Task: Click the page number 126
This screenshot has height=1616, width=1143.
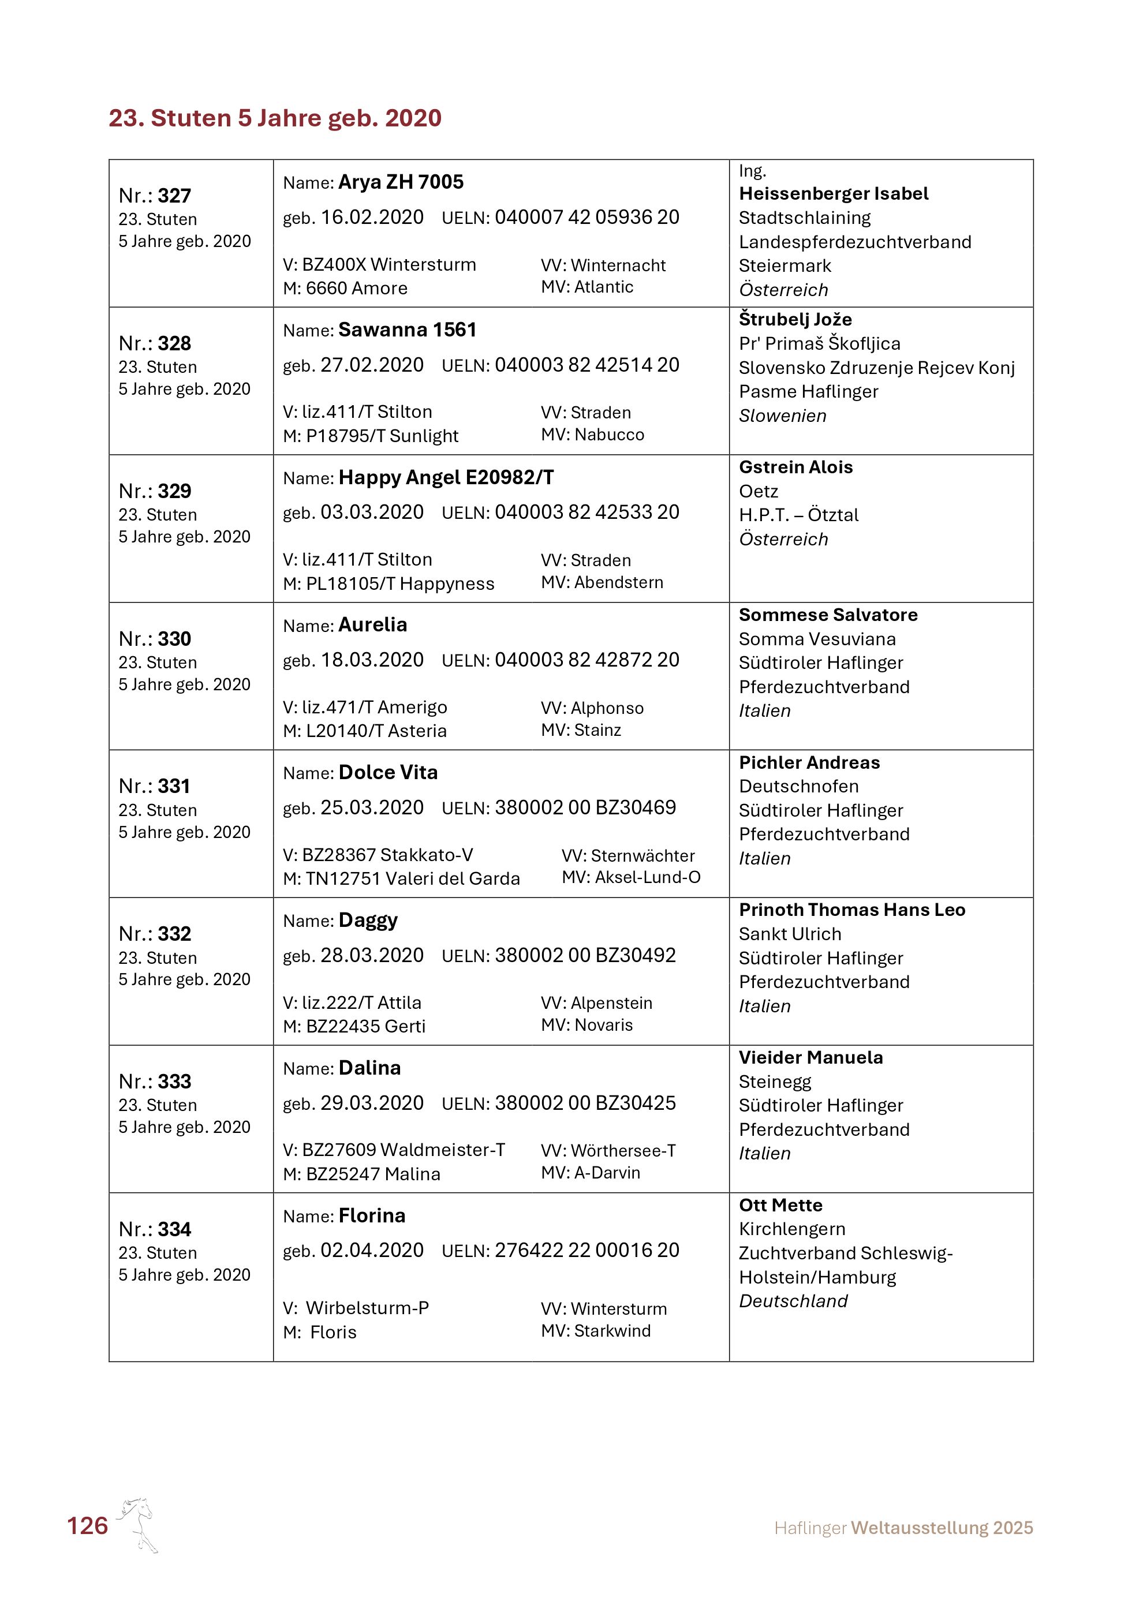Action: coord(87,1525)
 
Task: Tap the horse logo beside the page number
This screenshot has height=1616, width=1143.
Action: coord(139,1524)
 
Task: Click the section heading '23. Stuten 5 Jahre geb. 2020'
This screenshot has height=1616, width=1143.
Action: coord(274,118)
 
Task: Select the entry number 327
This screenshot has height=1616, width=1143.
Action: coord(174,196)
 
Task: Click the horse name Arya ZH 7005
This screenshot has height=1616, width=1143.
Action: coord(401,182)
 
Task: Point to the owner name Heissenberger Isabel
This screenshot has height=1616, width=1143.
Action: coord(834,193)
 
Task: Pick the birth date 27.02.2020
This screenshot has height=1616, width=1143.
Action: coord(372,365)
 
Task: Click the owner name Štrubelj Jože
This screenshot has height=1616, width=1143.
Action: coord(795,320)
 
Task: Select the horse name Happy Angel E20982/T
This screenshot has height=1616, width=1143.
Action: coord(446,478)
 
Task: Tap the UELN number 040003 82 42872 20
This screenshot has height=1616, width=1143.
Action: coord(587,660)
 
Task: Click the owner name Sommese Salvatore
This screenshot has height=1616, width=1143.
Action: coord(828,615)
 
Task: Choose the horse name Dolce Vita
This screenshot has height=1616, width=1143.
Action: coord(388,773)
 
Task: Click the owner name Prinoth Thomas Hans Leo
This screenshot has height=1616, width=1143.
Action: coord(851,910)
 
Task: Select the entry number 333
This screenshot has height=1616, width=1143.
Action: coord(174,1082)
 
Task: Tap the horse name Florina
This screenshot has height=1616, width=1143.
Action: coord(372,1216)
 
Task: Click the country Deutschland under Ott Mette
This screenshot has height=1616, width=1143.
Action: coord(793,1301)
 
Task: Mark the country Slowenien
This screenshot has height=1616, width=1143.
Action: coord(783,416)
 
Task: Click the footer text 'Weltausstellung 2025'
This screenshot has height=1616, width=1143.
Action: coord(942,1528)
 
